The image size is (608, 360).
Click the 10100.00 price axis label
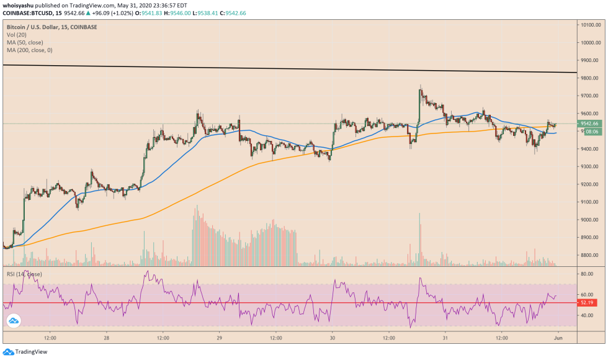coord(589,25)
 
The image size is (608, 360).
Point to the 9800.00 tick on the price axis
coord(589,78)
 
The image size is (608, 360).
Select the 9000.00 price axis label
coord(589,220)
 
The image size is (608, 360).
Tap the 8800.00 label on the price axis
coord(589,255)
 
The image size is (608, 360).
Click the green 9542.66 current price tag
coord(589,124)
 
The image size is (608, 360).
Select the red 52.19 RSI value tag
coord(587,303)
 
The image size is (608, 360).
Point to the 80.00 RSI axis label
coord(586,273)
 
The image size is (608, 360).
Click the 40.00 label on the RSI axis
coord(586,315)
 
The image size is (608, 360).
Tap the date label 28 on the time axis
coord(107,338)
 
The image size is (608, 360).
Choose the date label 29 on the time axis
coord(220,338)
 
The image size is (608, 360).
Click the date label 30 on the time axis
coord(333,338)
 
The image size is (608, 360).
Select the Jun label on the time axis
coord(558,338)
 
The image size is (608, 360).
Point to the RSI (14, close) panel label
coord(25,274)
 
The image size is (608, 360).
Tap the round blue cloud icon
coord(13,321)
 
